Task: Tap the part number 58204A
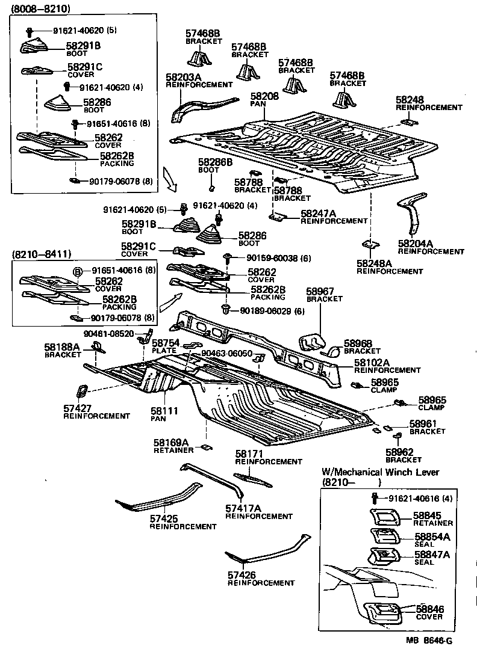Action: tap(416, 244)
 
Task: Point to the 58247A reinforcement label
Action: tap(318, 214)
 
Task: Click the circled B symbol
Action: tap(78, 271)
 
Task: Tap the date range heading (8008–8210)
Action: tap(40, 8)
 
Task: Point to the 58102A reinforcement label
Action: tap(371, 363)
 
